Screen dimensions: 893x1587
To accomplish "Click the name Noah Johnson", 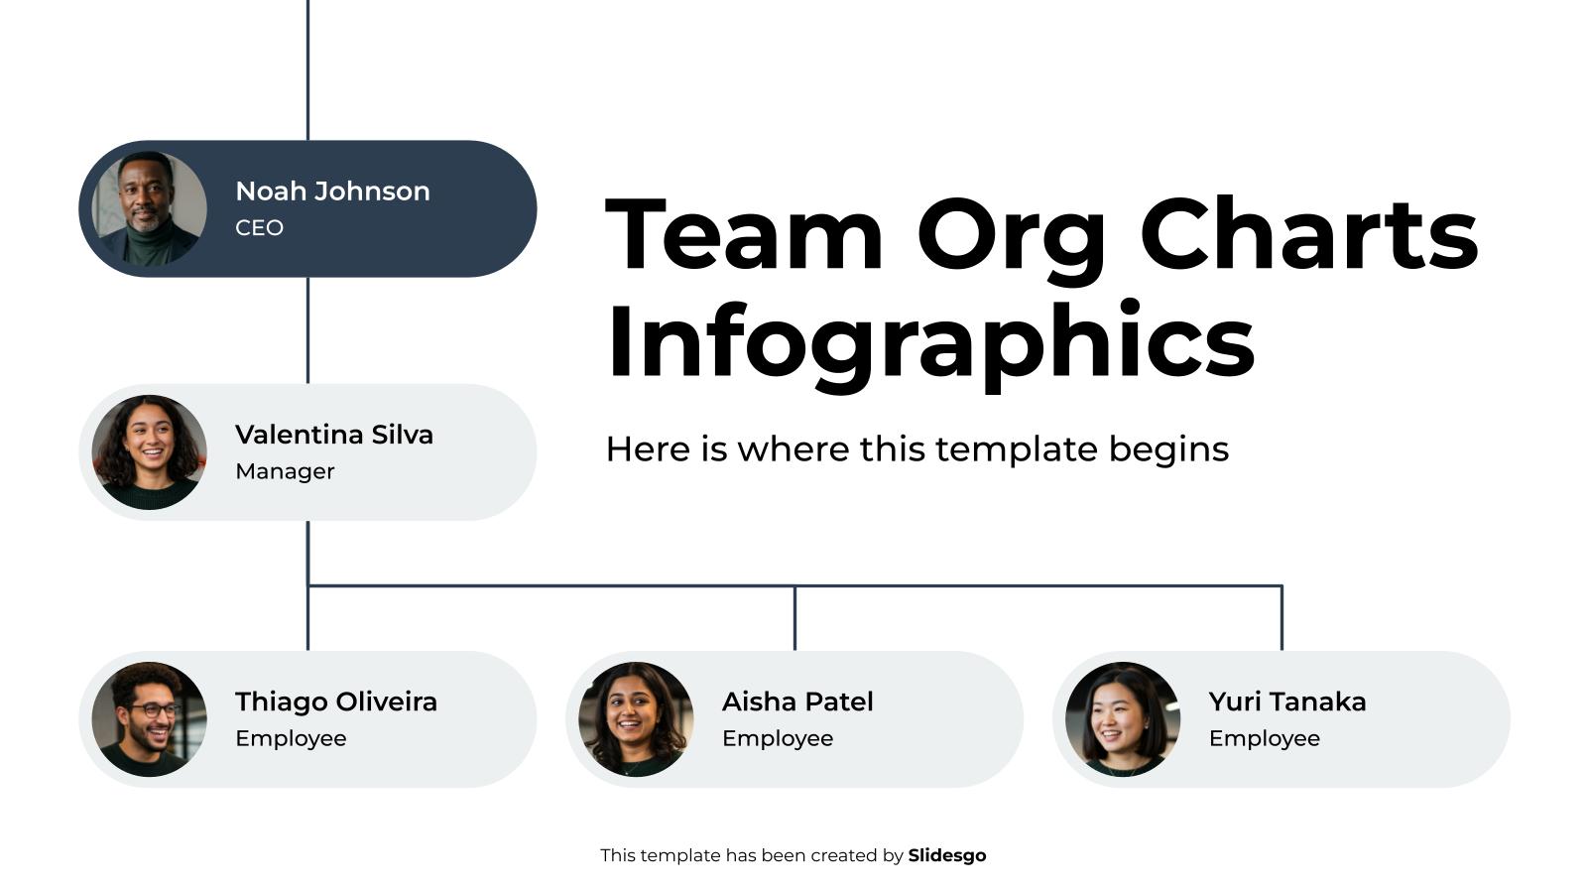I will [x=332, y=191].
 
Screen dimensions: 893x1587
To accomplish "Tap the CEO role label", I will [x=259, y=228].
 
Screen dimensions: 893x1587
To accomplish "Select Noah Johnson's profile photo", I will [x=150, y=208].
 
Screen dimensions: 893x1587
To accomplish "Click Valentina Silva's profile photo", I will [x=150, y=452].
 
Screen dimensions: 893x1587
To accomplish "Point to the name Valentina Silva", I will [x=334, y=435].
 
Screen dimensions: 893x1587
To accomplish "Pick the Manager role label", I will [x=285, y=471].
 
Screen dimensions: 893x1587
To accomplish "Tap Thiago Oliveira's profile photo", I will [x=150, y=719].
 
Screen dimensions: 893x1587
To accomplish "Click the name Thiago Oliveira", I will [x=336, y=702].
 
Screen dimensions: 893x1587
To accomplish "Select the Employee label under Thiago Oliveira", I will [x=291, y=738].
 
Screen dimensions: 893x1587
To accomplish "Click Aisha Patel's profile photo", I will [x=636, y=719].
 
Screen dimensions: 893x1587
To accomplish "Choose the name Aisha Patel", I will [x=797, y=702].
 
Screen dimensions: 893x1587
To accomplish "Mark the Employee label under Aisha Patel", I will [x=778, y=738].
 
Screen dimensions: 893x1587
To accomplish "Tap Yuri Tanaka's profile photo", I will [x=1123, y=719].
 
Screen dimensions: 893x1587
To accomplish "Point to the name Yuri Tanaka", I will [x=1287, y=702].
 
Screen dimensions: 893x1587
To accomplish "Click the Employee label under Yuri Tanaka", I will [x=1265, y=738].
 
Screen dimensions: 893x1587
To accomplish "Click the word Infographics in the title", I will [x=930, y=341].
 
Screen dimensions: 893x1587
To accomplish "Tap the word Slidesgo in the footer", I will [x=947, y=855].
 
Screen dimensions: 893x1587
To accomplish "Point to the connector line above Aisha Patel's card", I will [x=794, y=618].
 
